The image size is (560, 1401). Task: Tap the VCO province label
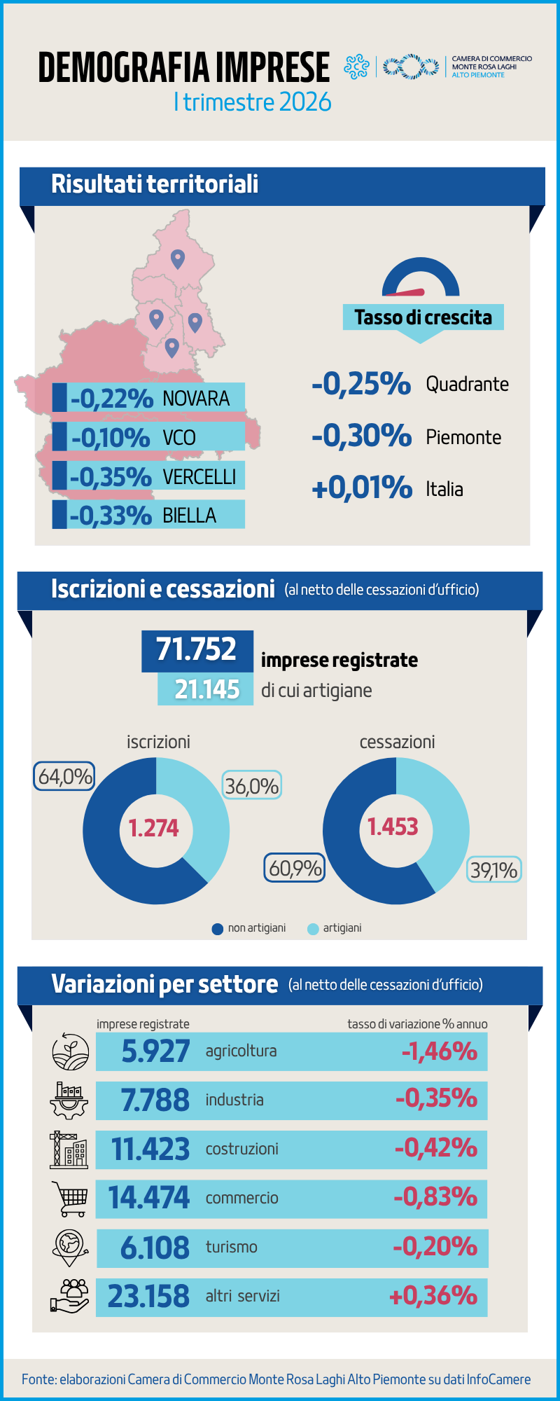tap(179, 438)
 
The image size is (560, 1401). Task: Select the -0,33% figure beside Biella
tap(111, 516)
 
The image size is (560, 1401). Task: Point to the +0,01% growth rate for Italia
tap(361, 488)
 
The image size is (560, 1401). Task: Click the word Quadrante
tap(467, 384)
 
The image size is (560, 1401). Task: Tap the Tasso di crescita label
tap(423, 317)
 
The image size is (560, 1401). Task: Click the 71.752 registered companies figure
tap(196, 649)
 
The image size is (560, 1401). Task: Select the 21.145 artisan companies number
tap(206, 689)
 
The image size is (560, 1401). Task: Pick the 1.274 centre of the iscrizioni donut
tap(154, 828)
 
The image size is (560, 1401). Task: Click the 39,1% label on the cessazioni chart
tap(493, 870)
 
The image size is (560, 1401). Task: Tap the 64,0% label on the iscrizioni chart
tap(64, 776)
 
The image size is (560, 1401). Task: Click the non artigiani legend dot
tap(217, 929)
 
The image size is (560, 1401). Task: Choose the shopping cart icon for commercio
tap(70, 1199)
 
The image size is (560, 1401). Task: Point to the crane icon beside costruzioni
tap(69, 1150)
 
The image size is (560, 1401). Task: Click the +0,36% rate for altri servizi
tap(433, 1296)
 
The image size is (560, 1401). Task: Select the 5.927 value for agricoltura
tap(155, 1051)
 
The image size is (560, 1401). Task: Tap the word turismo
tap(231, 1247)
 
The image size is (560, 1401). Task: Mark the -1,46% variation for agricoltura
tap(439, 1051)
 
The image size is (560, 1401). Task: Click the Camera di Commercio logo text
tap(491, 67)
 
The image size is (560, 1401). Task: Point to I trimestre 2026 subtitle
tap(252, 102)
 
